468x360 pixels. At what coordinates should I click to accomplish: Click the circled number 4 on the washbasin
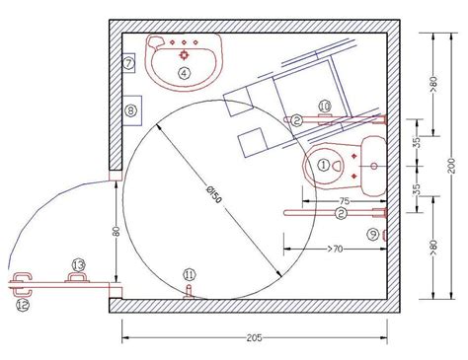click(185, 73)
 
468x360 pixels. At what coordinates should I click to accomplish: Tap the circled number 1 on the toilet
click(324, 165)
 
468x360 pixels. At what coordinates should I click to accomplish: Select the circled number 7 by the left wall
click(128, 62)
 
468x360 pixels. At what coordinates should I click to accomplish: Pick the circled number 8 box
click(130, 110)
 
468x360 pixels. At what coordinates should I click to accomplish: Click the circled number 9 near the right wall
click(373, 235)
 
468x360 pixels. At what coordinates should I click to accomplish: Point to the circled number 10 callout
click(325, 107)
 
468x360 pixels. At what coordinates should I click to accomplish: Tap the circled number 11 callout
click(190, 274)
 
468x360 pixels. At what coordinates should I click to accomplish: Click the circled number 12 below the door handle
click(23, 305)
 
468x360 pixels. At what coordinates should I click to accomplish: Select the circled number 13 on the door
click(78, 264)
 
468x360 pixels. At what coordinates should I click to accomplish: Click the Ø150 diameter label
click(213, 194)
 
